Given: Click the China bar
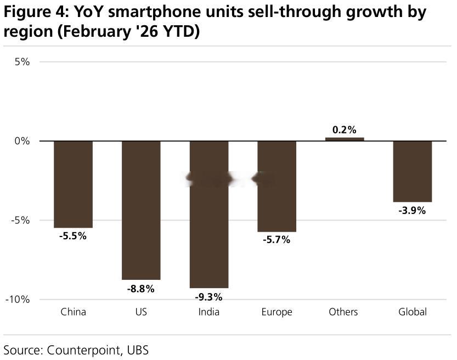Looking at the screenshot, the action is point(73,184).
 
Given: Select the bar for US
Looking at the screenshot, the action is point(141,210).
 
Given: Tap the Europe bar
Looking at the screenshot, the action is point(277,186).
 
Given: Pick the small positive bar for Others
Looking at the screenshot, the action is point(345,139).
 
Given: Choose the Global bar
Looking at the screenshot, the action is point(413,171).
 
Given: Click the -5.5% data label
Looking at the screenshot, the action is point(73,236).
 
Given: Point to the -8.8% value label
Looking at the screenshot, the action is point(141,289).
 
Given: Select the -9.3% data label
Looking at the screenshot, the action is point(208,297).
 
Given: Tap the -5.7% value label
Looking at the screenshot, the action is point(277,240).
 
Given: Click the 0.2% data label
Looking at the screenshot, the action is point(344,130).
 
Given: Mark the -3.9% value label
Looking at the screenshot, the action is point(412,210).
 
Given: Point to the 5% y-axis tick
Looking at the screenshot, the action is point(22,62).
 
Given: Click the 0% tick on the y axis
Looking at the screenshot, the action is point(22,141).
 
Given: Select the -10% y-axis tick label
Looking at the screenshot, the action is point(18,300).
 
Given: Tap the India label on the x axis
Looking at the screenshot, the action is point(209,312).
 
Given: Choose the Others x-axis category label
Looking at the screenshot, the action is point(343,312).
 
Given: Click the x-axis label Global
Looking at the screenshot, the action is point(413,312).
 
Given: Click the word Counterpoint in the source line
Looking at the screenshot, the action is point(83,350).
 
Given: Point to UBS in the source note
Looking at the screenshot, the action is point(138,350).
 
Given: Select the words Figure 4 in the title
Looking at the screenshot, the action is point(36,12).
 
